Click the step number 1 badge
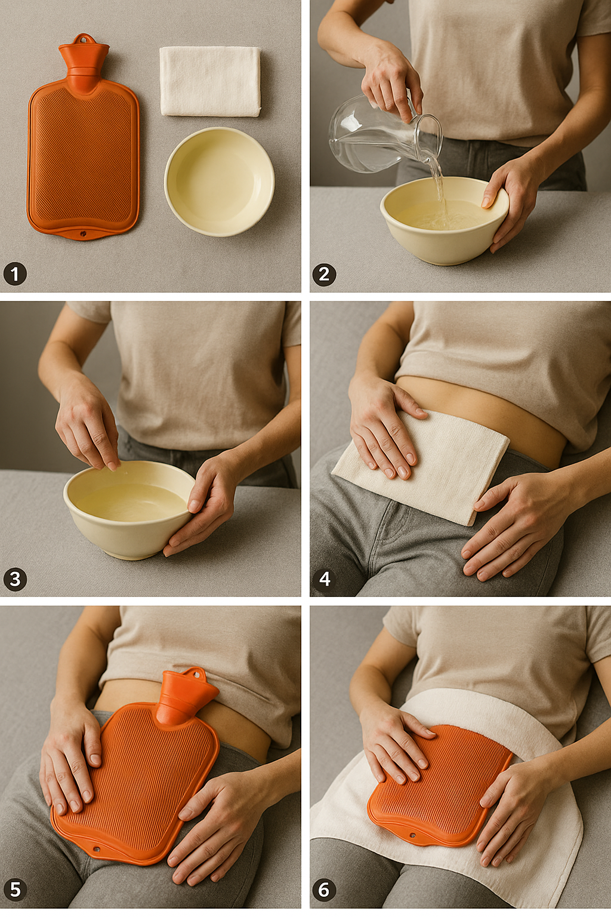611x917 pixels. (x=15, y=274)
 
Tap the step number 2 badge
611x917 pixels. (x=324, y=274)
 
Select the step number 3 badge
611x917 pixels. (x=15, y=579)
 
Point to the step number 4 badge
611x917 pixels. (x=324, y=579)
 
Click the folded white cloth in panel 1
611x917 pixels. (x=211, y=81)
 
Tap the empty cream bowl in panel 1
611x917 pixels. (x=220, y=181)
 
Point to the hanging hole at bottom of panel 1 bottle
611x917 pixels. (x=83, y=234)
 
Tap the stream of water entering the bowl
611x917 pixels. (x=438, y=184)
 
